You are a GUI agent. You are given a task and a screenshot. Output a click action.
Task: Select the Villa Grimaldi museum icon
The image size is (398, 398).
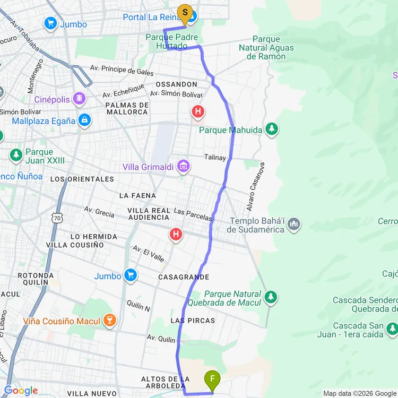pyautogui.click(x=184, y=167)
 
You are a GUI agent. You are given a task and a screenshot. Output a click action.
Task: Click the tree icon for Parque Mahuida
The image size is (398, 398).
pyautogui.click(x=272, y=129)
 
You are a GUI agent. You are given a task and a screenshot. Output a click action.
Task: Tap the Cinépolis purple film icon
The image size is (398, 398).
pyautogui.click(x=79, y=99)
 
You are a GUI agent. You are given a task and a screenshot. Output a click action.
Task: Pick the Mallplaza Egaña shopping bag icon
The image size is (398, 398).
pyautogui.click(x=84, y=120)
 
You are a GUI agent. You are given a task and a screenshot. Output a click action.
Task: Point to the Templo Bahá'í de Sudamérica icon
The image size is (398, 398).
pyautogui.click(x=293, y=226)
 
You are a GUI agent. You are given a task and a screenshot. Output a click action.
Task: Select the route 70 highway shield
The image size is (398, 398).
pyautogui.click(x=58, y=218)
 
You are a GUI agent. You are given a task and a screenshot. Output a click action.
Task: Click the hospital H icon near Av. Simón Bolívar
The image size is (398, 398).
pyautogui.click(x=198, y=111)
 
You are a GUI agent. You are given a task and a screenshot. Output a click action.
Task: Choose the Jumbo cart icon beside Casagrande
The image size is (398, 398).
pyautogui.click(x=130, y=275)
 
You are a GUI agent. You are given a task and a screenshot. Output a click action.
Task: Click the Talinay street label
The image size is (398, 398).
pyautogui.click(x=215, y=158)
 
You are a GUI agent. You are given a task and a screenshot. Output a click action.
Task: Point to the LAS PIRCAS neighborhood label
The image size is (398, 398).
pyautogui.click(x=193, y=321)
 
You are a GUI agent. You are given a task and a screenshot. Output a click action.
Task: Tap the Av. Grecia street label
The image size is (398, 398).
pyautogui.click(x=99, y=212)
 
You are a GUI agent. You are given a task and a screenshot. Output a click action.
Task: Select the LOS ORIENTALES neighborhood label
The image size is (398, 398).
pyautogui.click(x=82, y=179)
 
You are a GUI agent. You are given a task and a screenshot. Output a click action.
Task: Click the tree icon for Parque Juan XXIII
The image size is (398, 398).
pyautogui.click(x=16, y=155)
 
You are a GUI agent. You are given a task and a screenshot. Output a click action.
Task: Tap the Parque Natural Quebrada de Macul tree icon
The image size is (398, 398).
pyautogui.click(x=271, y=297)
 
